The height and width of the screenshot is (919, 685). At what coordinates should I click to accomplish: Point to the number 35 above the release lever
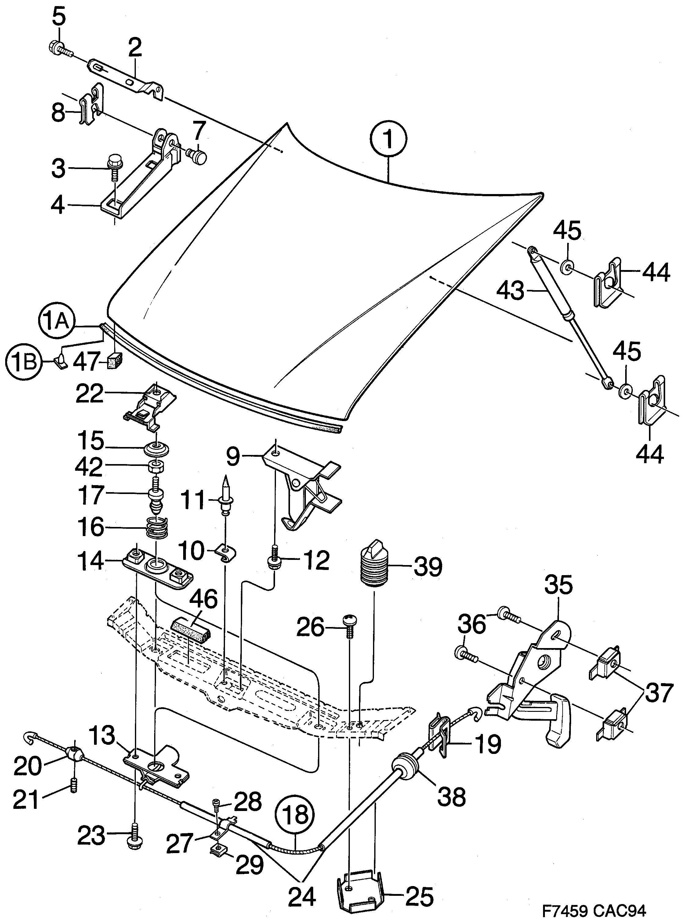pos(559,585)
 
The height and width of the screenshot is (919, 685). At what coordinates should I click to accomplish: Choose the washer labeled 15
pos(157,449)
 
